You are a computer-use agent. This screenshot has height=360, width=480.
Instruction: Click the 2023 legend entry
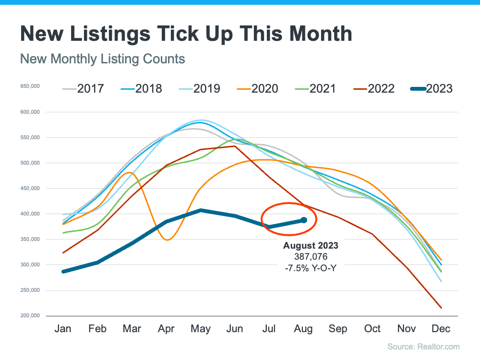pos(432,89)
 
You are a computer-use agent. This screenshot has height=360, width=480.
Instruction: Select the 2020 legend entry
pos(257,89)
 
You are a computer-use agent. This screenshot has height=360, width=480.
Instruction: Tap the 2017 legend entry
pos(83,89)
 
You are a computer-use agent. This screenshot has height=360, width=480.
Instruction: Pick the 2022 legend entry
pos(374,89)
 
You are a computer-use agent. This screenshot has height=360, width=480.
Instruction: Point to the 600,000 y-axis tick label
pos(30,112)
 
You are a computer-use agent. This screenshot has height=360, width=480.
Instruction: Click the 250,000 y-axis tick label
pos(30,290)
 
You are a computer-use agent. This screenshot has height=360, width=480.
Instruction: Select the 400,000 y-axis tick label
pos(30,214)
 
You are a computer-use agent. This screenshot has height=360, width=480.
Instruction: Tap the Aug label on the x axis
pos(303,329)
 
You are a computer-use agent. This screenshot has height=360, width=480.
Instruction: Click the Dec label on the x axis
pos(441,329)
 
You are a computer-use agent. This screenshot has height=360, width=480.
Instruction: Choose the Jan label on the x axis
pos(63,329)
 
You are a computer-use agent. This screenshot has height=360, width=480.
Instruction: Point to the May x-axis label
pos(201,329)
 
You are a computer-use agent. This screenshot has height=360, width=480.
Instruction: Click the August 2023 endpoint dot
pos(304,220)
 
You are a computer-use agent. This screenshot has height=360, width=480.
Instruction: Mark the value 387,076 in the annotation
pos(311,256)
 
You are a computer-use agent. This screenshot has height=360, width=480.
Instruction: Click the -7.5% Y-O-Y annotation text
pos(311,268)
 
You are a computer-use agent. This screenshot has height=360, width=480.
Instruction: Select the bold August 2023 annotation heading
pos(311,245)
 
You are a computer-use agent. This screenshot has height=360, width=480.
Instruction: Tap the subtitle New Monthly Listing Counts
pos(103,59)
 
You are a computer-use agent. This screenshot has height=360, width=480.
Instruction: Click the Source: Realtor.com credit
pos(424,347)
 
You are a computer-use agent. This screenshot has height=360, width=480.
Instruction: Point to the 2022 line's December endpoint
pos(441,308)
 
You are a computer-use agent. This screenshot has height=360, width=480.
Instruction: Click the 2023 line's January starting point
pos(63,272)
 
